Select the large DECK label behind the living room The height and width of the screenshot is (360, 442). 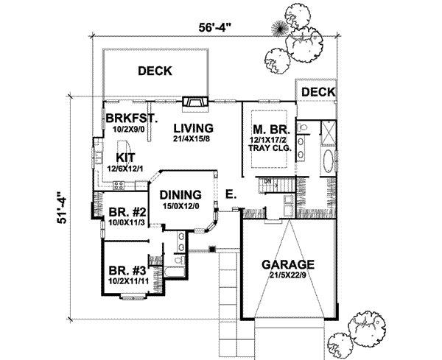coord(155,71)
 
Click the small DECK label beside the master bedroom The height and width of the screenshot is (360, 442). coord(318,91)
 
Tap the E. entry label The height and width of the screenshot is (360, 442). coord(231,195)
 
